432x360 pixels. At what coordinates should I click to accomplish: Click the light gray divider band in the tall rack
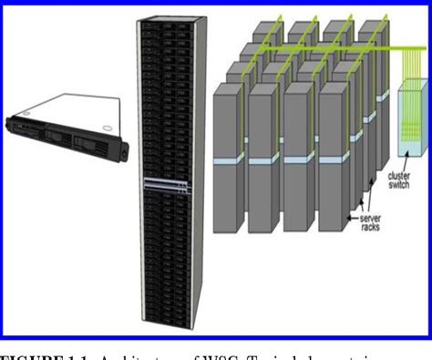167,183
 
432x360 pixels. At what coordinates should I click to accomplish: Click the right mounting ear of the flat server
122,149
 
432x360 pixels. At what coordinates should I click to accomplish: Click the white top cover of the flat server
64,107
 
